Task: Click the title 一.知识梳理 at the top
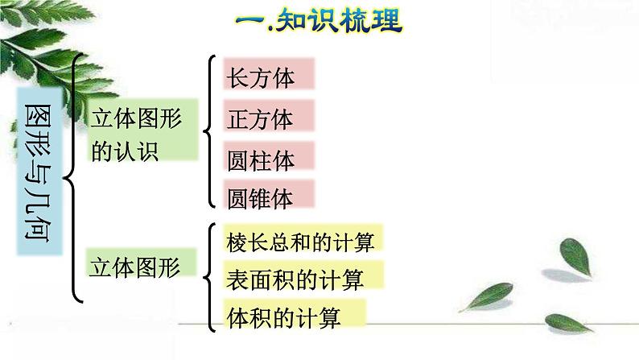click(320, 20)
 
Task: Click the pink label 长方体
click(266, 77)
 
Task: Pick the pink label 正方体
click(266, 119)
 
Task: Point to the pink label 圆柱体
click(266, 159)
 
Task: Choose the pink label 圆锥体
click(266, 197)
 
